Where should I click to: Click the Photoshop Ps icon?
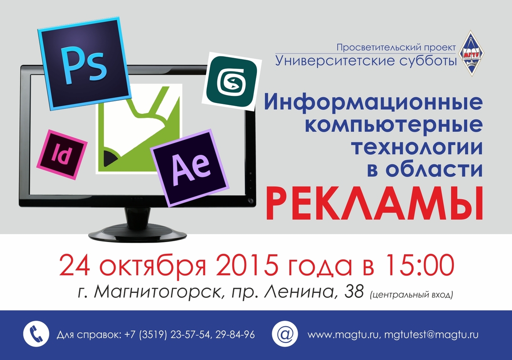point(84,64)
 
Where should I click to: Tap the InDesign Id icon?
point(62,154)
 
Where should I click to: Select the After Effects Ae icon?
point(189,168)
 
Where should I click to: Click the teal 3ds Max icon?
point(232,81)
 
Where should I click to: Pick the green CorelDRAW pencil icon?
point(139,129)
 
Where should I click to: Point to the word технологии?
point(417,147)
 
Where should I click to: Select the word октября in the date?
point(153,266)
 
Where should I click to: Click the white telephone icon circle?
point(36,334)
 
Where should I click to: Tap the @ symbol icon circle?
point(285,334)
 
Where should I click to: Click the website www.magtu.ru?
point(343,335)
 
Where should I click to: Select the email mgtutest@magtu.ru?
point(431,335)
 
